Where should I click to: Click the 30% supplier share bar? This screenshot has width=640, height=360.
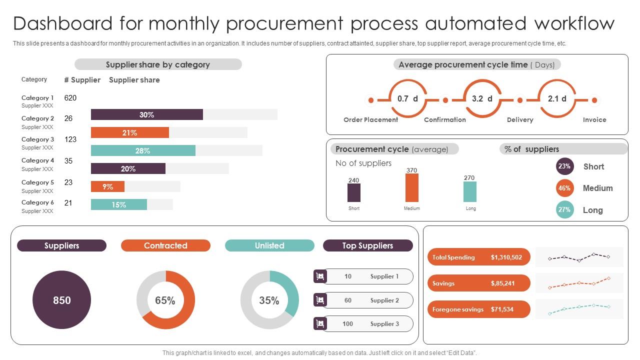147,115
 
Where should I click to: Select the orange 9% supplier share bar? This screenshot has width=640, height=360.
107,187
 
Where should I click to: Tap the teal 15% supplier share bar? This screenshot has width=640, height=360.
119,204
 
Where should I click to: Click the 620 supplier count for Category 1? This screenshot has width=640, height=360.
70,98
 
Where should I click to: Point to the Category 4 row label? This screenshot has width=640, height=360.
37,160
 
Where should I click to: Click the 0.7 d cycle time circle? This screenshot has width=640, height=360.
407,99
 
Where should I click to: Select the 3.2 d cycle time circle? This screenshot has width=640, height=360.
482,99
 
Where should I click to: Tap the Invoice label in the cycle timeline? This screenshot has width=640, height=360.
594,120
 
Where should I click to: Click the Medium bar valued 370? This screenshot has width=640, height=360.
412,187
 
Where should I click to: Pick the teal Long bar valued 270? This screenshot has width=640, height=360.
470,191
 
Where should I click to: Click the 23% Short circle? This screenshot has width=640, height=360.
564,166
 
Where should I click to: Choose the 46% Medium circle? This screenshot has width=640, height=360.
564,188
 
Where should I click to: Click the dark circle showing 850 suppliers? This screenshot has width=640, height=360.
62,300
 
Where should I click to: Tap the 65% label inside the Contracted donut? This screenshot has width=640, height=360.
165,300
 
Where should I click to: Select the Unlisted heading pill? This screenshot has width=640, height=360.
269,245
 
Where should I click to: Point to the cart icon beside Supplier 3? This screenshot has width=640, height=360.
320,324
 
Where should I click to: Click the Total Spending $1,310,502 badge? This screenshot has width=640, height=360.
478,257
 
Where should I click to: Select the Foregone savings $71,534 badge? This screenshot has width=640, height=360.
478,309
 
